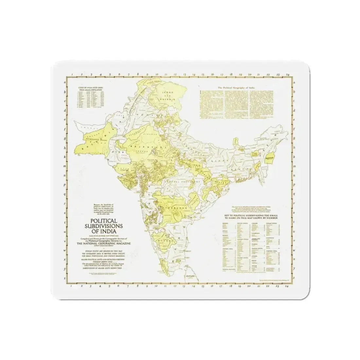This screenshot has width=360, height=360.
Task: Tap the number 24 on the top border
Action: click(287, 75)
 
